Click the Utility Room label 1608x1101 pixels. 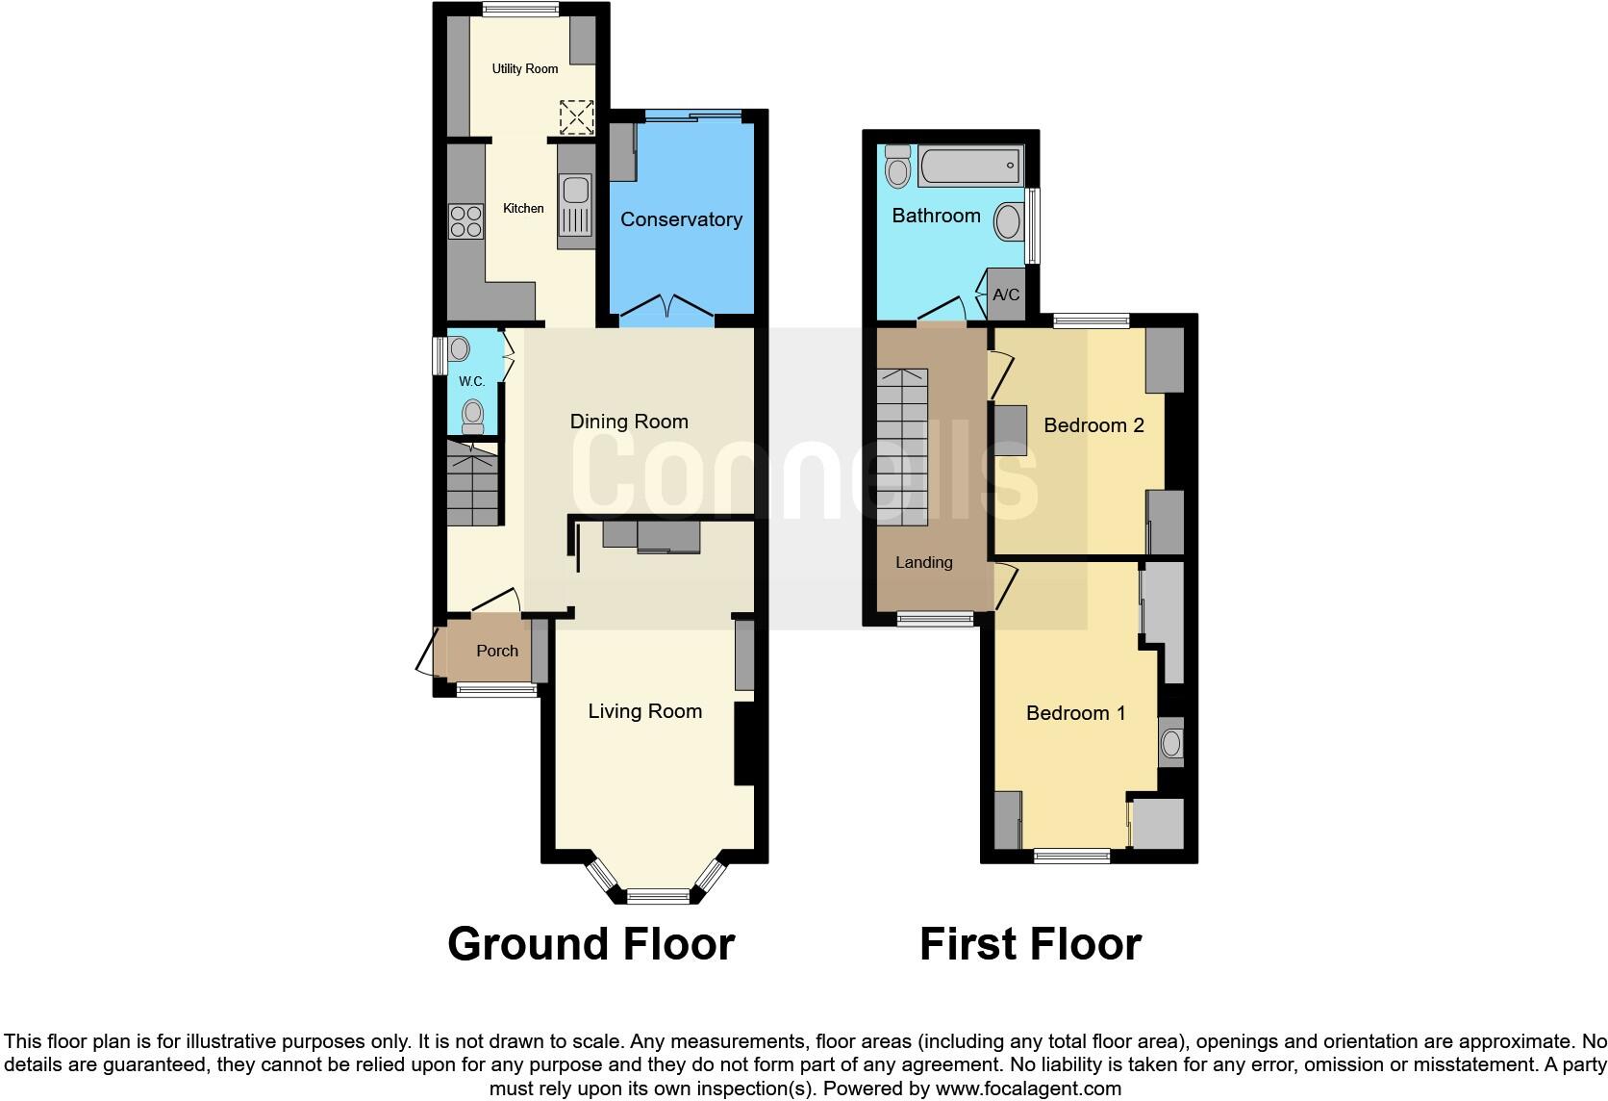click(524, 68)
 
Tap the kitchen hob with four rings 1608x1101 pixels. click(466, 222)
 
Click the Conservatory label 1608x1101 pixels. click(681, 219)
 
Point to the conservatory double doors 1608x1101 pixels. click(666, 308)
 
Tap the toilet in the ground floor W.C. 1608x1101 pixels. click(472, 416)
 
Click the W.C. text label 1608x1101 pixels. click(471, 382)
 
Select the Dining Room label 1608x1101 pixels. click(629, 422)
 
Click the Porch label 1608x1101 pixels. click(497, 651)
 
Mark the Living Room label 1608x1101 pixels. click(644, 711)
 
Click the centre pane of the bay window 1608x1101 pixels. click(660, 897)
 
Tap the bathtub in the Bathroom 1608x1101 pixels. click(969, 167)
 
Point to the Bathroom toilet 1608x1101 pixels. click(898, 167)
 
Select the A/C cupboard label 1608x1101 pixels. click(1006, 294)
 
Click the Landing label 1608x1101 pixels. click(923, 562)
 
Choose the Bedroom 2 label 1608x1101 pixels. click(1093, 425)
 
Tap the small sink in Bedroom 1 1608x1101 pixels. click(1170, 743)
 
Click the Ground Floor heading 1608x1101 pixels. click(590, 944)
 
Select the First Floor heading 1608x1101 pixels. click(1030, 944)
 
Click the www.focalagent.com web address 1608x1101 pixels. click(1027, 1089)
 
